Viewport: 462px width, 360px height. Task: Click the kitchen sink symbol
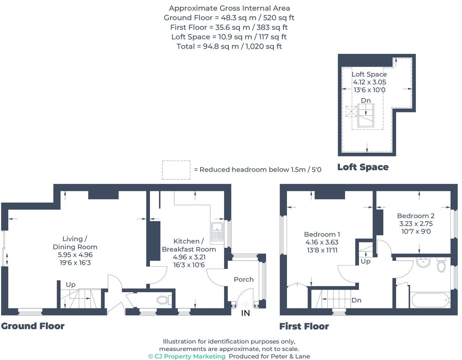[x=217, y=232]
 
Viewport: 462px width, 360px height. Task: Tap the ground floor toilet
[x=164, y=300]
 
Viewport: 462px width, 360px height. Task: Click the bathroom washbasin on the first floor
[x=424, y=262]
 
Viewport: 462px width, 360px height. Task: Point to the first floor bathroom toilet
[x=441, y=265]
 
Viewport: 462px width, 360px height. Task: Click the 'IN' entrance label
[x=245, y=313]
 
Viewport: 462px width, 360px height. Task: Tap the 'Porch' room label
[x=244, y=279]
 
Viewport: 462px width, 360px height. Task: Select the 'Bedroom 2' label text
[x=416, y=216]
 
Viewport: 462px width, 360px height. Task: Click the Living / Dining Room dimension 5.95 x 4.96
[x=75, y=255]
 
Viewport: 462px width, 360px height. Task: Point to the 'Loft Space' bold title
[x=363, y=167]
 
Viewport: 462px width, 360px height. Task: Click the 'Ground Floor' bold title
[x=33, y=326]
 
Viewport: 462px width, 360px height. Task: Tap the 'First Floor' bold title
[x=304, y=326]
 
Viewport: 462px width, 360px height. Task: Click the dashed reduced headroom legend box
[x=176, y=170]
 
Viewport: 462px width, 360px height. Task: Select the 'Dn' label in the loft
[x=366, y=100]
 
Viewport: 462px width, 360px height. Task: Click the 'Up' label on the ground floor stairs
[x=70, y=285]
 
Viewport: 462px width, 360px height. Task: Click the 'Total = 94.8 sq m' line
[x=229, y=46]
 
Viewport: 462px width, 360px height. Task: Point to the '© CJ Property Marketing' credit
[x=187, y=356]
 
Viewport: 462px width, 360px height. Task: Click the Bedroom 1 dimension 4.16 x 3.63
[x=322, y=242]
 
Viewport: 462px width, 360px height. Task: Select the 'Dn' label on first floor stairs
[x=356, y=300]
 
